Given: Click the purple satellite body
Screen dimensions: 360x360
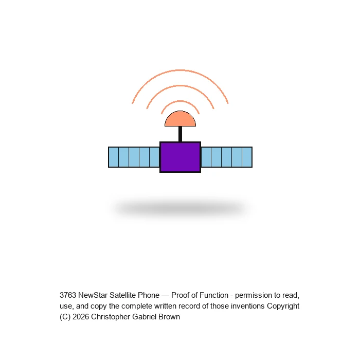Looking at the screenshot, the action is pyautogui.click(x=180, y=157).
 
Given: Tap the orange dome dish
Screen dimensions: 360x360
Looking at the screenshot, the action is pyautogui.click(x=180, y=119).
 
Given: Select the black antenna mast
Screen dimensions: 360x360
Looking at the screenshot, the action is pyautogui.click(x=180, y=134).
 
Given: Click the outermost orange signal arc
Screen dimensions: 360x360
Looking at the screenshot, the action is pyautogui.click(x=180, y=70).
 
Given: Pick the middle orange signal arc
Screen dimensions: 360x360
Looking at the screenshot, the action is pyautogui.click(x=180, y=86).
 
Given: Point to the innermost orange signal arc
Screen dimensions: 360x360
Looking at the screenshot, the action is pyautogui.click(x=180, y=101).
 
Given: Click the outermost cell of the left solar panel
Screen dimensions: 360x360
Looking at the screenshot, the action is pyautogui.click(x=114, y=157).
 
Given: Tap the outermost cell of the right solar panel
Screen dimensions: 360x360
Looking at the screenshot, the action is pyautogui.click(x=247, y=157).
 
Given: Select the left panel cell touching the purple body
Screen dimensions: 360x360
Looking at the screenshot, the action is pyautogui.click(x=154, y=157).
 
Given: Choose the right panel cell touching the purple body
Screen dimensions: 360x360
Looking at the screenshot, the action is pyautogui.click(x=206, y=157).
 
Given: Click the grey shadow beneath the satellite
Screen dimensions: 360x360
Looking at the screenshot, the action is pyautogui.click(x=180, y=208).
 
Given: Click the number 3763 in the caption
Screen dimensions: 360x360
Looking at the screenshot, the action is pyautogui.click(x=68, y=295).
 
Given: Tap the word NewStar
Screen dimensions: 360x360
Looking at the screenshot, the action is pyautogui.click(x=93, y=295).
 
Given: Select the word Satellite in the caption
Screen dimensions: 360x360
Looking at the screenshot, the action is pyautogui.click(x=122, y=295).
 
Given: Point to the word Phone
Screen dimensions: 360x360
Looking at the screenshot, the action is pyautogui.click(x=149, y=295).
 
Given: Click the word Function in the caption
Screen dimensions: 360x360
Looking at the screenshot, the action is pyautogui.click(x=214, y=295).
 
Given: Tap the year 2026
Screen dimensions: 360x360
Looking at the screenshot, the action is pyautogui.click(x=81, y=317).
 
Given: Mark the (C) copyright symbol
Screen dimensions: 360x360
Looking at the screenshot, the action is pyautogui.click(x=65, y=317).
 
